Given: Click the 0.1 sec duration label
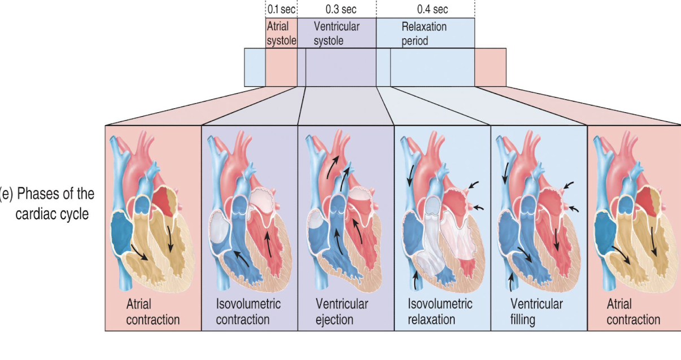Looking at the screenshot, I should point(281,9).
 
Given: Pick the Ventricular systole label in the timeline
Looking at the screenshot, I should point(337,34).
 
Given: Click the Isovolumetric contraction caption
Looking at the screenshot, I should point(248,311).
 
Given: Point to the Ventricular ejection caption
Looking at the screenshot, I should point(342,311).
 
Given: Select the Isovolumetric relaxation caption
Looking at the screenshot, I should point(440,311).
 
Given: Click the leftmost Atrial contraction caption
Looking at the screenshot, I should point(152,312).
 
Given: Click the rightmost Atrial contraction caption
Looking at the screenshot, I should point(633,312).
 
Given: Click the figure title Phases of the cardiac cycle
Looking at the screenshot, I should point(47,204).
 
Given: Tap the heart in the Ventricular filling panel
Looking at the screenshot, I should point(536,214).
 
